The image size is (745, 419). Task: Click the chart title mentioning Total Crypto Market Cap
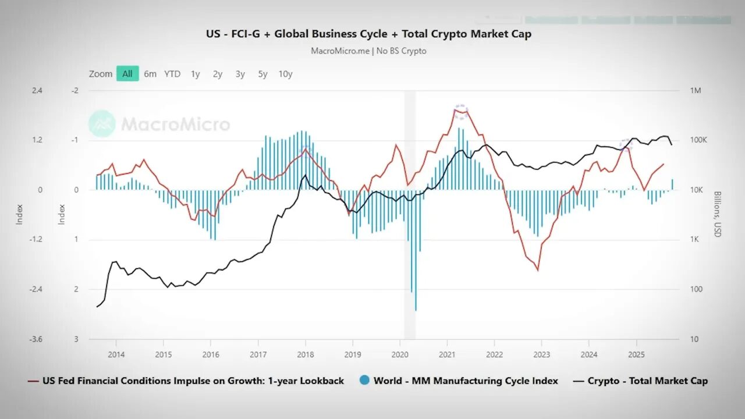pos(368,34)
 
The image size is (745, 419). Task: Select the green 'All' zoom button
pos(127,74)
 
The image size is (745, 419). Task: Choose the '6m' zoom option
pos(150,74)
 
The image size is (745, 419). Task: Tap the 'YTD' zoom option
pos(172,74)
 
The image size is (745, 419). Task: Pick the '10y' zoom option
pos(285,74)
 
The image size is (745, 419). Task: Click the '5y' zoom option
pos(262,74)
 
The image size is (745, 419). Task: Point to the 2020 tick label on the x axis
pos(400,354)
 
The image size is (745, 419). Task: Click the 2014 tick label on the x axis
pos(116,354)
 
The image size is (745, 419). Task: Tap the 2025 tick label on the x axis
pos(636,354)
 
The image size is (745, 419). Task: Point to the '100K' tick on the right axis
pos(698,140)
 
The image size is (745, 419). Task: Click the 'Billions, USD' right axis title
pos(717,214)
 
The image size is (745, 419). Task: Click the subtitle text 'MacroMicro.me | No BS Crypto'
pos(368,51)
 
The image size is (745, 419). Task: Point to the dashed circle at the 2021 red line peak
pos(461,112)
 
